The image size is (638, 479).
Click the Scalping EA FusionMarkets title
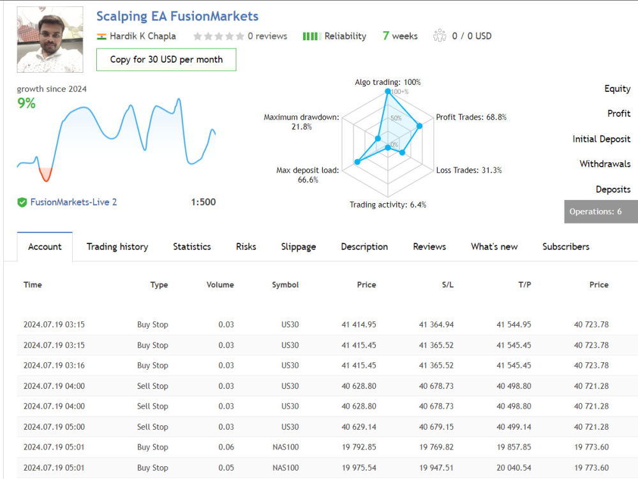177,17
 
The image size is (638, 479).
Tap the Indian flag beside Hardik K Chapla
101,36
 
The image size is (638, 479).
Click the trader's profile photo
50,40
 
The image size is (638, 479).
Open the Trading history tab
117,247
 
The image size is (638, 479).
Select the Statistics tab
191,247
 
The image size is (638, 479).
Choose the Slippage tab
298,247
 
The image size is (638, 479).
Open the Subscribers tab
565,247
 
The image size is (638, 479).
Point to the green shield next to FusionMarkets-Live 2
22,202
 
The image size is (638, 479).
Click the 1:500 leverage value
204,202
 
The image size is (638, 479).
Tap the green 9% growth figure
26,103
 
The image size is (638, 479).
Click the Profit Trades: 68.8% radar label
471,118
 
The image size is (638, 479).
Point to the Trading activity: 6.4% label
388,204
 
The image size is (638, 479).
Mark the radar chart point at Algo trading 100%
388,91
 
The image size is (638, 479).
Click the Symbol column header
285,285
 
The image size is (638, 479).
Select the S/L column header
448,285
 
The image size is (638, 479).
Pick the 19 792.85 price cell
359,447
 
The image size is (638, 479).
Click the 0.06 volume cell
226,447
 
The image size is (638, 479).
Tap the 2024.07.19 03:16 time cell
54,365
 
